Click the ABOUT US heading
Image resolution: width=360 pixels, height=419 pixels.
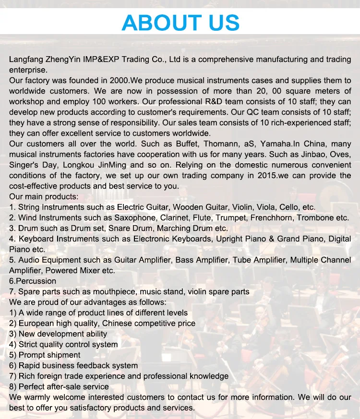pyautogui.click(x=180, y=23)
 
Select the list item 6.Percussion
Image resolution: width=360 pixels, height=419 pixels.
pyautogui.click(x=33, y=281)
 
